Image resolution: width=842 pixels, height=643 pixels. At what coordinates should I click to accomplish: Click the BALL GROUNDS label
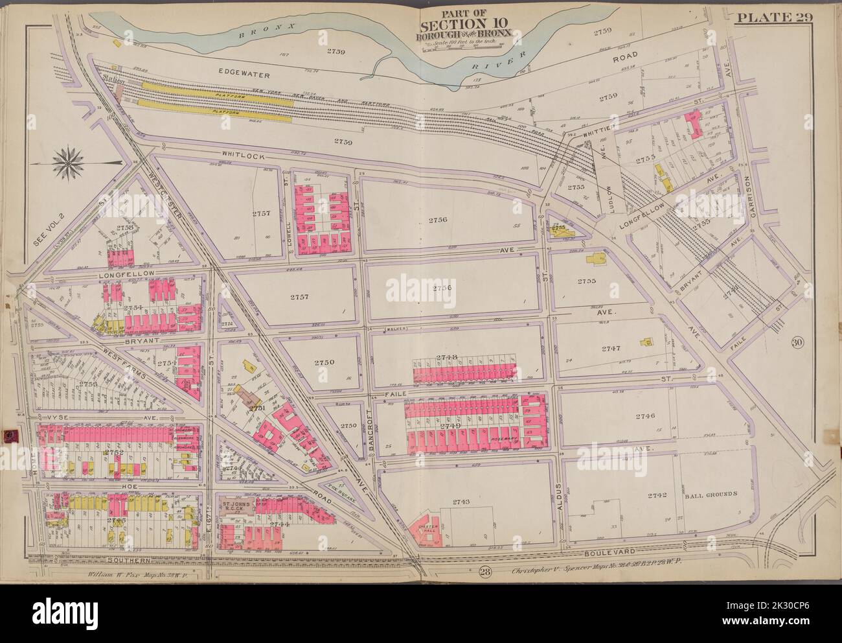(x=711, y=494)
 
